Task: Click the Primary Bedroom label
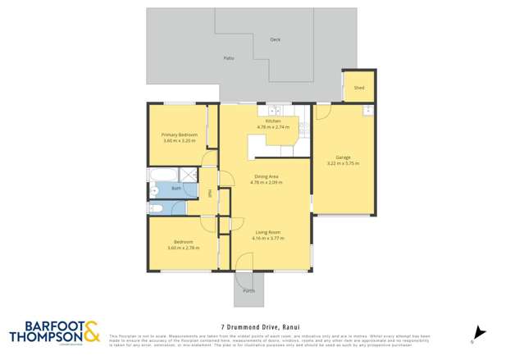pos(179,134)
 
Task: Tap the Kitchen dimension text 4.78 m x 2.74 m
pos(273,127)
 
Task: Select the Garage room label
pos(343,157)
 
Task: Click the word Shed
pos(358,87)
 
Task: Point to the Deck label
pos(276,39)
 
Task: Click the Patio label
pos(229,58)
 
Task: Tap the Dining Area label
pos(266,176)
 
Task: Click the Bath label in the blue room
pos(175,188)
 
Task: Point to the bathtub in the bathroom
pos(161,174)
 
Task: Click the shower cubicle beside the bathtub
pos(189,174)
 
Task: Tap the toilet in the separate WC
pos(157,207)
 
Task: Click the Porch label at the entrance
pos(248,290)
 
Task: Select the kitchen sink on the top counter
pos(273,111)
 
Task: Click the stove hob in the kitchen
pos(303,128)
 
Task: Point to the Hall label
pos(209,194)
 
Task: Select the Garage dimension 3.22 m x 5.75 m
pos(343,163)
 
